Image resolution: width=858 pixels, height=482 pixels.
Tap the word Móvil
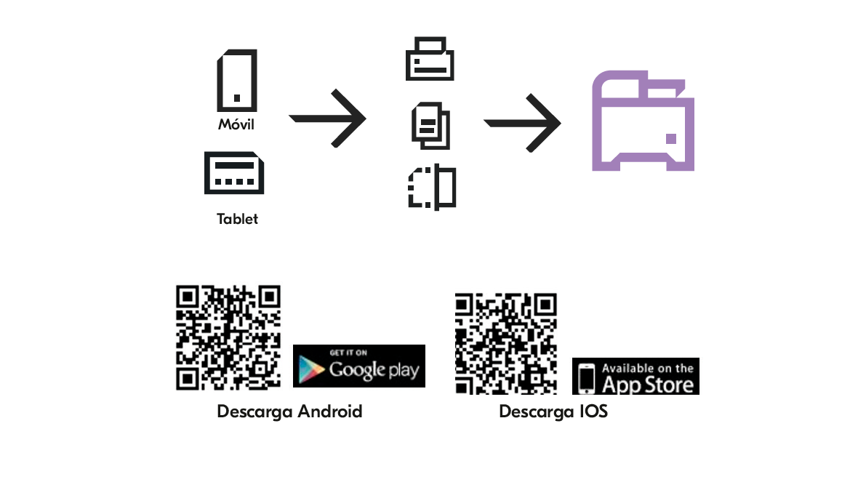pos(236,124)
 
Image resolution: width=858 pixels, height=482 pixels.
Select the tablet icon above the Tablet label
pos(233,172)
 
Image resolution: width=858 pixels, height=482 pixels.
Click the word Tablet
pos(237,219)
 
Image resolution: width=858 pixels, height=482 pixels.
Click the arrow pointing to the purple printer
pos(522,122)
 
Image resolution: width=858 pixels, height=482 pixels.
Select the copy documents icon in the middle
pos(430,125)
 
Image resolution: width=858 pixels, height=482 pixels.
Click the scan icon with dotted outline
pos(432,188)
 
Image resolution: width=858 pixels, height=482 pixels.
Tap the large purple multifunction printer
pos(643,121)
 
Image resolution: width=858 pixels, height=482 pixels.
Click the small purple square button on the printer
pos(670,138)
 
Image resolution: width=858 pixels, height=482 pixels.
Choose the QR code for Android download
pos(228,337)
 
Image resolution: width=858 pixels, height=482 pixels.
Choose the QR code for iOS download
pos(506,344)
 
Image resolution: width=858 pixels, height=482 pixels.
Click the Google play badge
pos(359,366)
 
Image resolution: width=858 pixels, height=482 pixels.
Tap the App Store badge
pos(636,376)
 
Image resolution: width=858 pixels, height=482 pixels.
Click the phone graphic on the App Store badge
pos(587,377)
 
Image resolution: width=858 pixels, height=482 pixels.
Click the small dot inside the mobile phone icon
pos(237,97)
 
